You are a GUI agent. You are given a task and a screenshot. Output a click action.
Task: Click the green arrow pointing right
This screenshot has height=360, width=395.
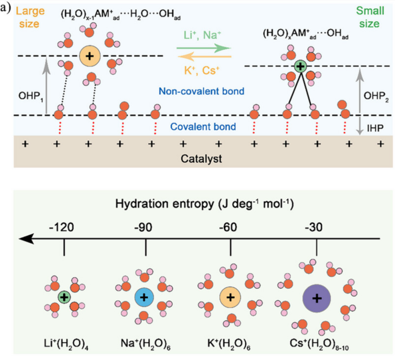pos(204,48)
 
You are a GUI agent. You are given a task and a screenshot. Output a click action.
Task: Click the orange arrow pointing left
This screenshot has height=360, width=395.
pos(204,57)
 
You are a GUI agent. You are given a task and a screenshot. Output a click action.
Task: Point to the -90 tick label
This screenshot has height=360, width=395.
pos(146,228)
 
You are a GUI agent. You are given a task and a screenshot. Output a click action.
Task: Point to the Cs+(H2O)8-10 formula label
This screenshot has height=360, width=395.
pos(317,344)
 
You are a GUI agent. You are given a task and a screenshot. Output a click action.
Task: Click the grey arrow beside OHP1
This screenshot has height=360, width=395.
pos(46,86)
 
